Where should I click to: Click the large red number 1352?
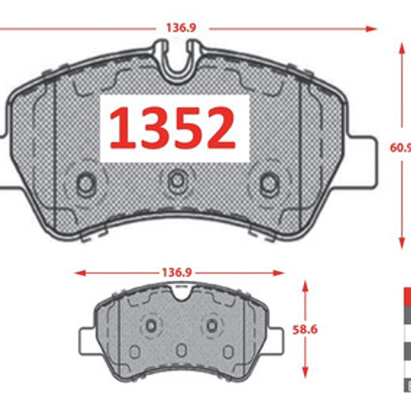click(173, 128)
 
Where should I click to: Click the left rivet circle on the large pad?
click(85, 184)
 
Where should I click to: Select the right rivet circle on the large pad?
click(269, 184)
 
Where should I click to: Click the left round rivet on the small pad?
click(151, 325)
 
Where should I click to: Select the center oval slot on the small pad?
click(181, 350)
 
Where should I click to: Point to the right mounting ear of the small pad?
click(274, 341)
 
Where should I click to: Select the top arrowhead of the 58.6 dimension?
click(306, 284)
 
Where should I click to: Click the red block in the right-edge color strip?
click(407, 297)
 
